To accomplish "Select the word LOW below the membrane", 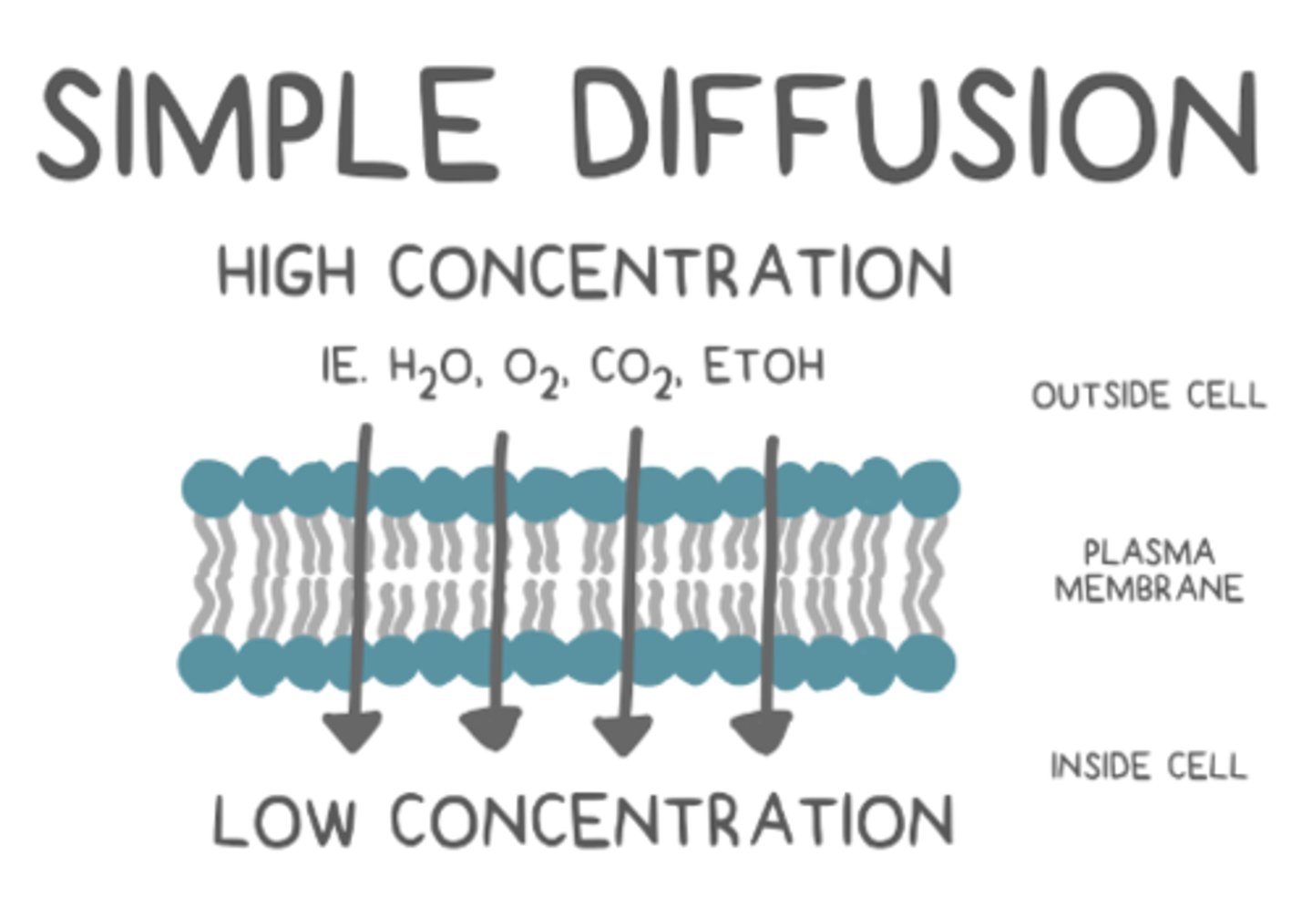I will click(x=284, y=820).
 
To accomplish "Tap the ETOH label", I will click(x=764, y=366).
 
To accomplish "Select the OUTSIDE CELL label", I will click(x=1148, y=396).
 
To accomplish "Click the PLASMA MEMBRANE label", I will click(x=1148, y=571).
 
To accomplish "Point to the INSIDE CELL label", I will click(x=1148, y=766).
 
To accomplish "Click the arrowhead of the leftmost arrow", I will click(x=353, y=730).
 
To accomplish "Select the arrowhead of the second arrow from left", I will click(x=491, y=729).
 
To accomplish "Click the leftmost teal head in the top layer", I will click(x=210, y=489).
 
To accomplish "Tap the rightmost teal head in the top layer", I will click(x=931, y=487).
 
